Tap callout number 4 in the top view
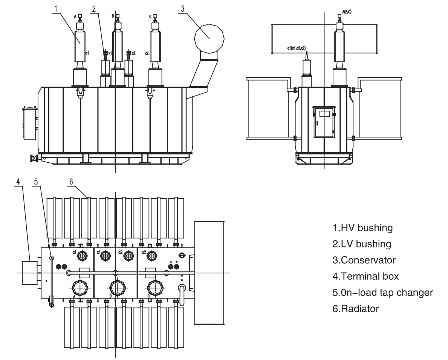click(18, 181)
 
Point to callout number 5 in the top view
click(35, 181)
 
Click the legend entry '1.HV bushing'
click(362, 228)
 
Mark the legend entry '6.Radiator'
click(356, 309)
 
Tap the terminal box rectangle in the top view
click(29, 273)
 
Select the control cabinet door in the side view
click(324, 124)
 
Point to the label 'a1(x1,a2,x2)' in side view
click(296, 48)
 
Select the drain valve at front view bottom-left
click(35, 159)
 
